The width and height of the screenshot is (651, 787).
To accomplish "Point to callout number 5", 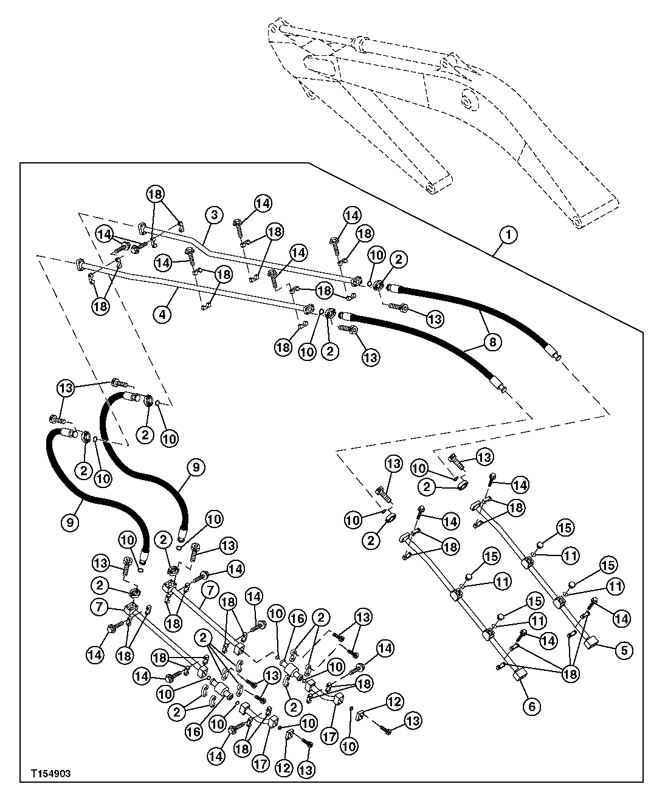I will coord(623,650).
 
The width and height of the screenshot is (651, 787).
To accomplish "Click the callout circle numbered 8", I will coord(492,342).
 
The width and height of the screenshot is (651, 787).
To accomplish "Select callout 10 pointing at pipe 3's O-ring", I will coord(377,255).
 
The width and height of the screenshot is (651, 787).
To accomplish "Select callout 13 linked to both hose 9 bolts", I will coord(65,387).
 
